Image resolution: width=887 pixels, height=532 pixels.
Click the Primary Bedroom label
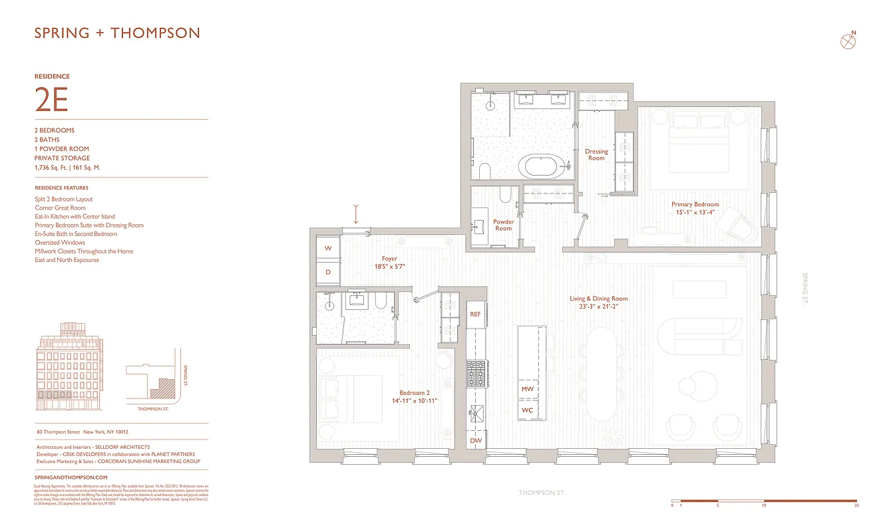coord(695,208)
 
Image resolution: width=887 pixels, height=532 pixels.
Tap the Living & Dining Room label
coord(598,303)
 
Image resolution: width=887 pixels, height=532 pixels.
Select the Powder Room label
coord(504,225)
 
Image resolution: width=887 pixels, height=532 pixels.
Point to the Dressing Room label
coord(596,154)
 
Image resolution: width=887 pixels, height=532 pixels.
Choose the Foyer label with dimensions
coord(389,262)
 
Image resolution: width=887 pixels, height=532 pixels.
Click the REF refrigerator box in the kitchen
coord(475,314)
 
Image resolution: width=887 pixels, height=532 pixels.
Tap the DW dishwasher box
coord(475,440)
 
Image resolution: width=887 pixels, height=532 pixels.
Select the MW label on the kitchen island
coord(527,389)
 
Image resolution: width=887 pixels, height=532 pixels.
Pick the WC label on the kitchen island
coord(527,410)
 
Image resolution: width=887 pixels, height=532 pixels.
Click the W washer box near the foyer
coord(328,248)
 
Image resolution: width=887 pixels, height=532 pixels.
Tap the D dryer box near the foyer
coord(328,273)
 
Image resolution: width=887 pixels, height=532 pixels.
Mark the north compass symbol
coord(848,41)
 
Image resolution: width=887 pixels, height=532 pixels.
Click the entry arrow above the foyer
coord(357,214)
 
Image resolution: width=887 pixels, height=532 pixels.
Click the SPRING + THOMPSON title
coord(117,33)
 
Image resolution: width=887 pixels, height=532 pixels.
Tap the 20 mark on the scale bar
coord(856,505)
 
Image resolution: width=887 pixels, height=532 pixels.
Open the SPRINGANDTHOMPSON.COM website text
coord(71,477)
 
